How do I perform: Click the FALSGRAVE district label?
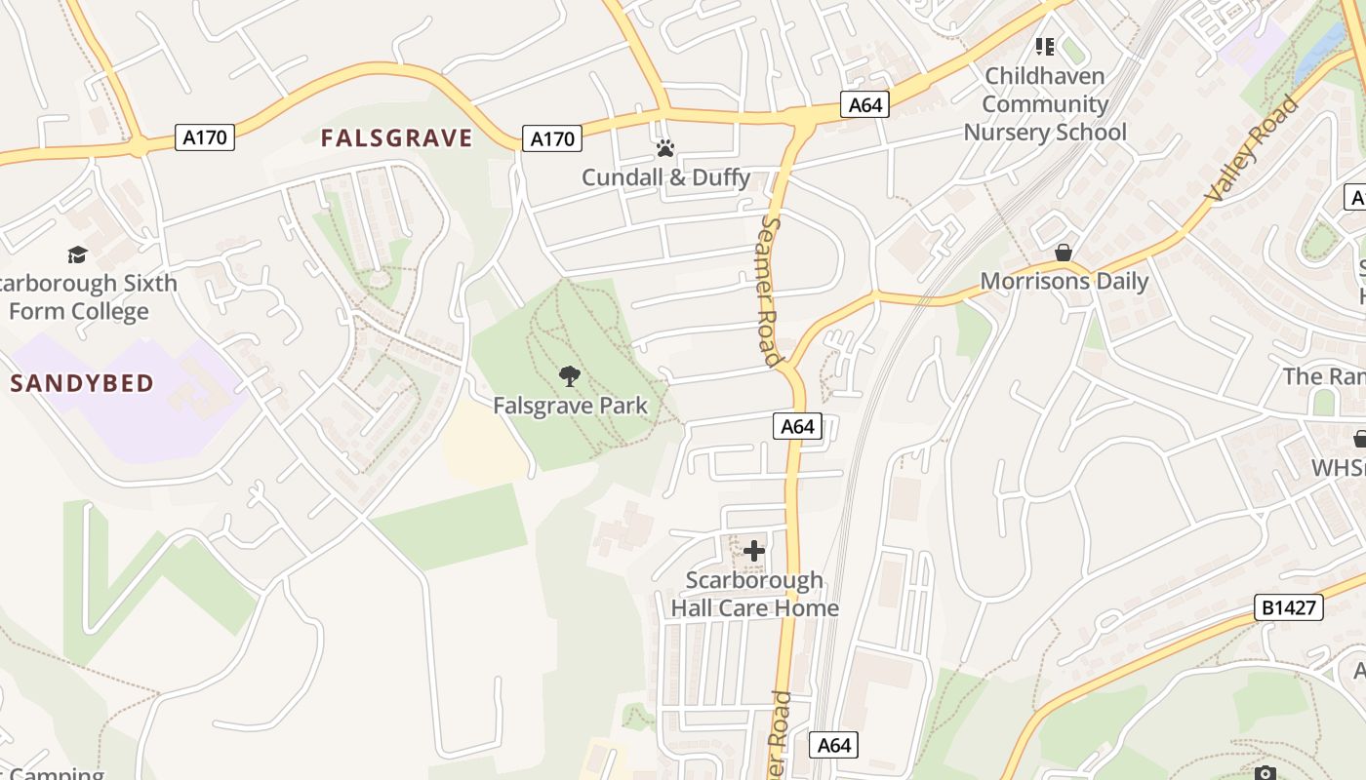[x=396, y=138]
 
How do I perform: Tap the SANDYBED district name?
[x=83, y=383]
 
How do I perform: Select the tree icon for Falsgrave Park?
[x=569, y=376]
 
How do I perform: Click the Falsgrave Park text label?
[x=570, y=406]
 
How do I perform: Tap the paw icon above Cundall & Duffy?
[x=665, y=148]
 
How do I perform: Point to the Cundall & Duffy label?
[x=666, y=177]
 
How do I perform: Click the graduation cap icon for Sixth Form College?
[x=77, y=255]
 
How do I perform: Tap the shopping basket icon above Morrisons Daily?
[x=1064, y=253]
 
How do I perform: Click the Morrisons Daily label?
[x=1065, y=282]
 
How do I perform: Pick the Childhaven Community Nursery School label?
[x=1045, y=104]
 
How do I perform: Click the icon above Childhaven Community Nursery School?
[x=1045, y=46]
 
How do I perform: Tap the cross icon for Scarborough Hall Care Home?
[x=754, y=551]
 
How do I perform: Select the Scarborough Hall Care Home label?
[x=754, y=594]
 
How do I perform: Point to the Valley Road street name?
[x=1253, y=149]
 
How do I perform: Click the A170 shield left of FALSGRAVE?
[x=205, y=137]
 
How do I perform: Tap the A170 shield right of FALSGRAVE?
[x=552, y=138]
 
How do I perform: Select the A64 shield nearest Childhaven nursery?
[x=865, y=104]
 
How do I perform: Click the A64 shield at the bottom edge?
[x=834, y=746]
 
